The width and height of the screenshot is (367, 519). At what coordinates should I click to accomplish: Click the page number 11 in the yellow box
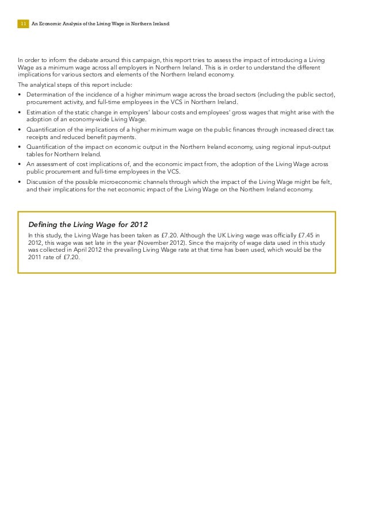[23, 24]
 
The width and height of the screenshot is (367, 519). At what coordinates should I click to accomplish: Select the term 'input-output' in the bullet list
[318, 147]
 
